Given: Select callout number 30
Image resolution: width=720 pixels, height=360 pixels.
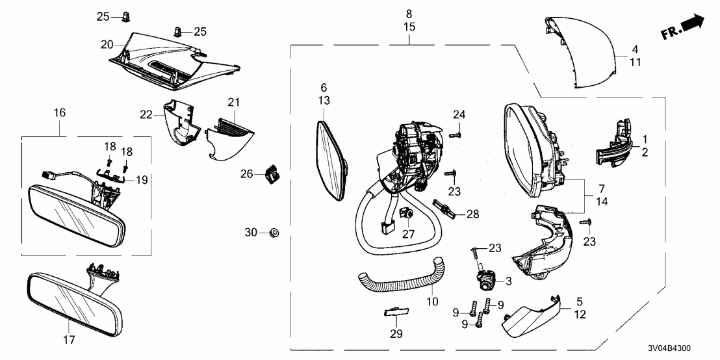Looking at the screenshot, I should (x=251, y=233).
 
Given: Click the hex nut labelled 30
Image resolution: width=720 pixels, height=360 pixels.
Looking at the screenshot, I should (x=274, y=232).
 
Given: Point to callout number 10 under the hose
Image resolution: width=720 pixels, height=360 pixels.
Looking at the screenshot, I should (x=433, y=302).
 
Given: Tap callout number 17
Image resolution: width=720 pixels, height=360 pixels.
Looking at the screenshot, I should (x=69, y=340).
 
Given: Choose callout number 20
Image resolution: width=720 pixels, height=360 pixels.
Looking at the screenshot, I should (x=107, y=44).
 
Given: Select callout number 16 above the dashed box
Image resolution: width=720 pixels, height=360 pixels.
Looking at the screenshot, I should (x=59, y=113).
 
